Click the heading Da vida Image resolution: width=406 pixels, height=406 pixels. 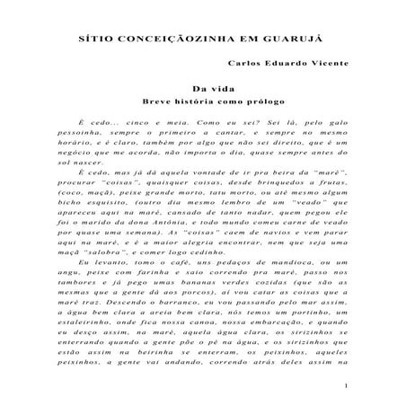204,89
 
